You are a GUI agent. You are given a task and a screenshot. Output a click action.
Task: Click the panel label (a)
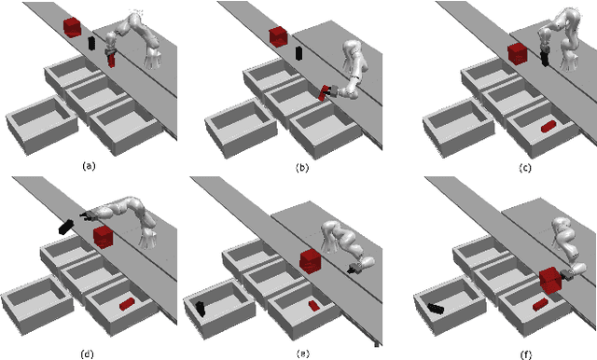(x=89, y=166)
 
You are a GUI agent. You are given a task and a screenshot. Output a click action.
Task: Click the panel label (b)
(x=302, y=168)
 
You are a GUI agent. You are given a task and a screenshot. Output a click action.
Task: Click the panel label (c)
(x=525, y=168)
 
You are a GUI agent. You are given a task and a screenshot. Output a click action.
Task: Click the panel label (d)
(x=87, y=354)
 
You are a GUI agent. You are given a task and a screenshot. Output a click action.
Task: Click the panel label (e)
(x=302, y=354)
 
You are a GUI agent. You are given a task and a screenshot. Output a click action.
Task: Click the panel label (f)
(x=526, y=355)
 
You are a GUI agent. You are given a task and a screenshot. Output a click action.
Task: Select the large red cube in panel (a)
(x=72, y=27)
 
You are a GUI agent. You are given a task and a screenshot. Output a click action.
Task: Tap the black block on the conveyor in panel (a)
(x=91, y=44)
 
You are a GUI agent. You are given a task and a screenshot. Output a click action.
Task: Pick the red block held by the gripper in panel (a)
(x=111, y=61)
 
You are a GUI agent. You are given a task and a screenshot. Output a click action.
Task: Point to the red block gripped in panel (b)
(x=324, y=93)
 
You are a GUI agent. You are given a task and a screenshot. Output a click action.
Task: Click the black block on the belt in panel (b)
(x=298, y=53)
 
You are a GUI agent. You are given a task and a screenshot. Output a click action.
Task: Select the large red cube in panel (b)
(x=278, y=37)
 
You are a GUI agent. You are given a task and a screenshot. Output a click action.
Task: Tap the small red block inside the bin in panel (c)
(x=548, y=126)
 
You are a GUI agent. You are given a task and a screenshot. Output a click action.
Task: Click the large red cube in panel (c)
(x=518, y=54)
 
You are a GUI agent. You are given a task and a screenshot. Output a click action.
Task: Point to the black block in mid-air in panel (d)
(x=66, y=227)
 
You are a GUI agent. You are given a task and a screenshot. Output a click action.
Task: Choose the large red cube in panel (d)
(x=104, y=237)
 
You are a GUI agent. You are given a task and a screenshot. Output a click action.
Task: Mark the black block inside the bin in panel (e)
(x=201, y=309)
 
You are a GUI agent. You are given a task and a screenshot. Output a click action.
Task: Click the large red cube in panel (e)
(x=311, y=261)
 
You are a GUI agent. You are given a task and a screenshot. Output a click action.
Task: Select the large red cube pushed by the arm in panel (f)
(x=551, y=280)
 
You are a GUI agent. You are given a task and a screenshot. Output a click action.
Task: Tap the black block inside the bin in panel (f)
(x=436, y=309)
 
